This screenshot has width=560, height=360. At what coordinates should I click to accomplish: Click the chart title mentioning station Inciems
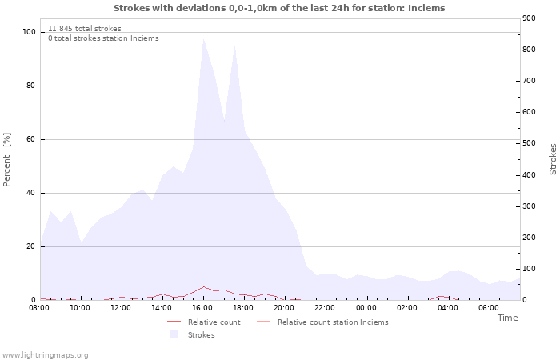pos(279,8)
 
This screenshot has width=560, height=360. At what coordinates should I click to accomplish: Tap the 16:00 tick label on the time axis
pos(202,307)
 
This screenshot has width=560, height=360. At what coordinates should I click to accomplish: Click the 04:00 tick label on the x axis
pos(448,307)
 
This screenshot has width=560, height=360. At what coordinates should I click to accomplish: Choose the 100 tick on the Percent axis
pos(29,32)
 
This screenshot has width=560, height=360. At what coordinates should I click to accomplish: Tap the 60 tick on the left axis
pos(31,139)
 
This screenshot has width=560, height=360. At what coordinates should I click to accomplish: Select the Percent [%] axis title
pos(7,160)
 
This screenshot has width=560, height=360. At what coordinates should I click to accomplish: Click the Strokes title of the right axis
pos(553,158)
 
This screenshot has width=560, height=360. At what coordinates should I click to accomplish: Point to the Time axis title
pos(507,318)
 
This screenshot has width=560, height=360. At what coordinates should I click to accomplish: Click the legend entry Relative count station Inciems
pos(333,322)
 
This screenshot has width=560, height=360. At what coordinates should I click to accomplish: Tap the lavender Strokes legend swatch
pos(174,335)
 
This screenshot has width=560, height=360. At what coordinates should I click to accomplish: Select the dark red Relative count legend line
pos(174,322)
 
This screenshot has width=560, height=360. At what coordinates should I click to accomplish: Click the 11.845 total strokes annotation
pos(84,28)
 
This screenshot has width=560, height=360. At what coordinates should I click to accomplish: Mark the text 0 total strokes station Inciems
pos(103,38)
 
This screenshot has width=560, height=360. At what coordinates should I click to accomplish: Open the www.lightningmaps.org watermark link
pos(45,354)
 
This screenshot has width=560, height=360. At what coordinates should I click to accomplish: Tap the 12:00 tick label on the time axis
pos(121,307)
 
